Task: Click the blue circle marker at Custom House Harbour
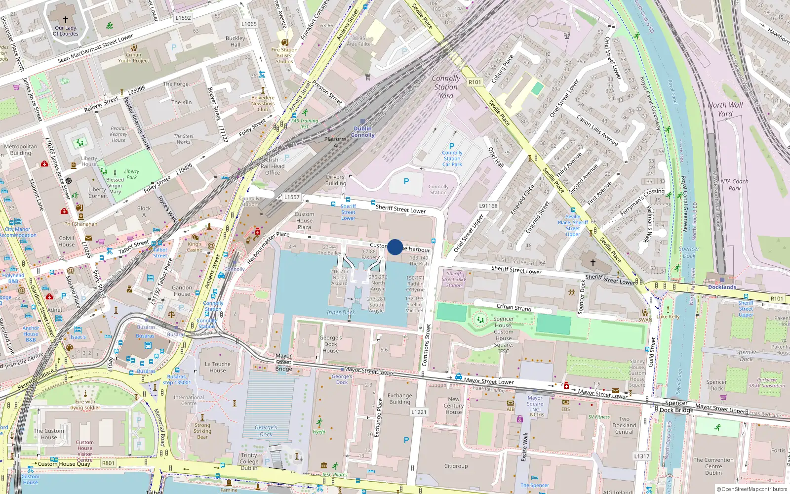tap(395, 247)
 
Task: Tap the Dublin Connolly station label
tap(363, 132)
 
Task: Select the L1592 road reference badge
tap(183, 18)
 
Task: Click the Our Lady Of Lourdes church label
tap(66, 31)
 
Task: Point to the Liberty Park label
tap(131, 174)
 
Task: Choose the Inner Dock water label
tap(341, 312)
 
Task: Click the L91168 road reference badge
tap(488, 206)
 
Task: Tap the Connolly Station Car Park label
tap(452, 159)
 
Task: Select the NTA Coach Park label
tap(734, 185)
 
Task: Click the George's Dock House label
tap(331, 344)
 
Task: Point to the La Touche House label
tap(218, 367)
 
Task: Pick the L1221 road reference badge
tap(419, 412)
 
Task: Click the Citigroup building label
tap(456, 466)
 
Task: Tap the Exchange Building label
tap(399, 399)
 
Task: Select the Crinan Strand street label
tap(514, 308)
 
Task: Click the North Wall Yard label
tap(725, 109)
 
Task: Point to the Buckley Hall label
tap(236, 41)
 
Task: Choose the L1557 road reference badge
tap(292, 197)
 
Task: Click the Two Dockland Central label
tap(624, 425)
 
